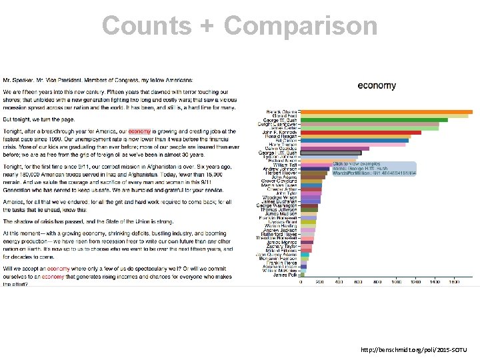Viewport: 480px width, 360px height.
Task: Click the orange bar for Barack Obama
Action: pyautogui.click(x=387, y=111)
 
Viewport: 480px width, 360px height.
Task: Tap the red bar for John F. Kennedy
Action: pyautogui.click(x=361, y=133)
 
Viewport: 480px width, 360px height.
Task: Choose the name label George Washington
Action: pyautogui.click(x=278, y=205)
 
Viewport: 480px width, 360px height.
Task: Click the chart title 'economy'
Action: pyautogui.click(x=377, y=85)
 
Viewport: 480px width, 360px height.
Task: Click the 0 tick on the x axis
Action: pyautogui.click(x=301, y=282)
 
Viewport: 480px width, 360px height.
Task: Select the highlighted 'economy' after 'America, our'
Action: pyautogui.click(x=139, y=132)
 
